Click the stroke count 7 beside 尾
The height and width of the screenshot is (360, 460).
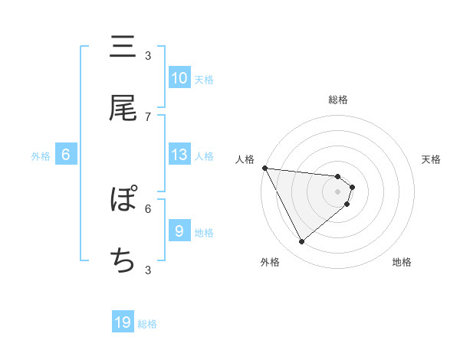click(148, 116)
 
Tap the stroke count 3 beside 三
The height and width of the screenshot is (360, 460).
click(148, 55)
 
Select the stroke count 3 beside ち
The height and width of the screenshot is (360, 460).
click(148, 270)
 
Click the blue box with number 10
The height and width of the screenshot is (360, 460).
click(179, 78)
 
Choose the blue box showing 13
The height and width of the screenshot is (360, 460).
click(179, 155)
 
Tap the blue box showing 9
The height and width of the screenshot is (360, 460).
click(179, 231)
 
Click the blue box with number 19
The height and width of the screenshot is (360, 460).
click(123, 323)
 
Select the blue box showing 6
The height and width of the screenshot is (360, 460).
click(66, 155)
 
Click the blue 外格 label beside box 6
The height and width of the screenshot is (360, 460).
click(41, 156)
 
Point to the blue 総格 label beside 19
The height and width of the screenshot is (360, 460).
click(147, 325)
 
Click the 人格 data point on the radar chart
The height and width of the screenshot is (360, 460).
click(264, 168)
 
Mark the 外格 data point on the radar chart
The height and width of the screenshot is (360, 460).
click(301, 242)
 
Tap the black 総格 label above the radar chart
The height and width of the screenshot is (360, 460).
click(338, 100)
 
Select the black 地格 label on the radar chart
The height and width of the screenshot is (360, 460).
click(402, 262)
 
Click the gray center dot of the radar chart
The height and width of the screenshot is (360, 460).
click(338, 191)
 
